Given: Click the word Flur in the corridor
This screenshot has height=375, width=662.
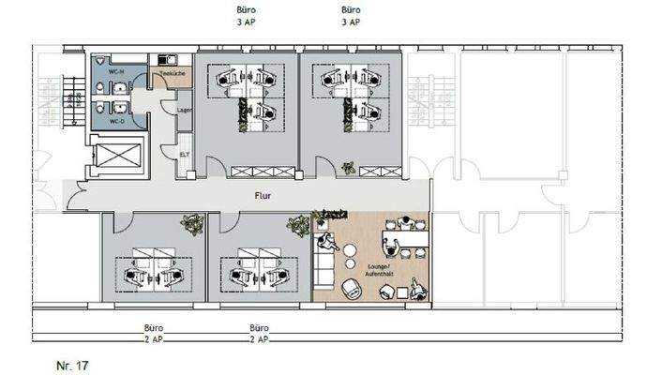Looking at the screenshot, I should (x=263, y=197).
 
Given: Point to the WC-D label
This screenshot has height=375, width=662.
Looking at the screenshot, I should (x=116, y=122).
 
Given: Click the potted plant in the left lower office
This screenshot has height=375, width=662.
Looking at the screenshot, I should (x=193, y=224).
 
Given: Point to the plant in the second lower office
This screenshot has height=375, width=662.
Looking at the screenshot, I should (x=298, y=225).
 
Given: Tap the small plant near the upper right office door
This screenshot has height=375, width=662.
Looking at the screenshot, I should (x=349, y=168).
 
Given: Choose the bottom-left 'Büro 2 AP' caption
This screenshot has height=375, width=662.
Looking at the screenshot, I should (x=153, y=333).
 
